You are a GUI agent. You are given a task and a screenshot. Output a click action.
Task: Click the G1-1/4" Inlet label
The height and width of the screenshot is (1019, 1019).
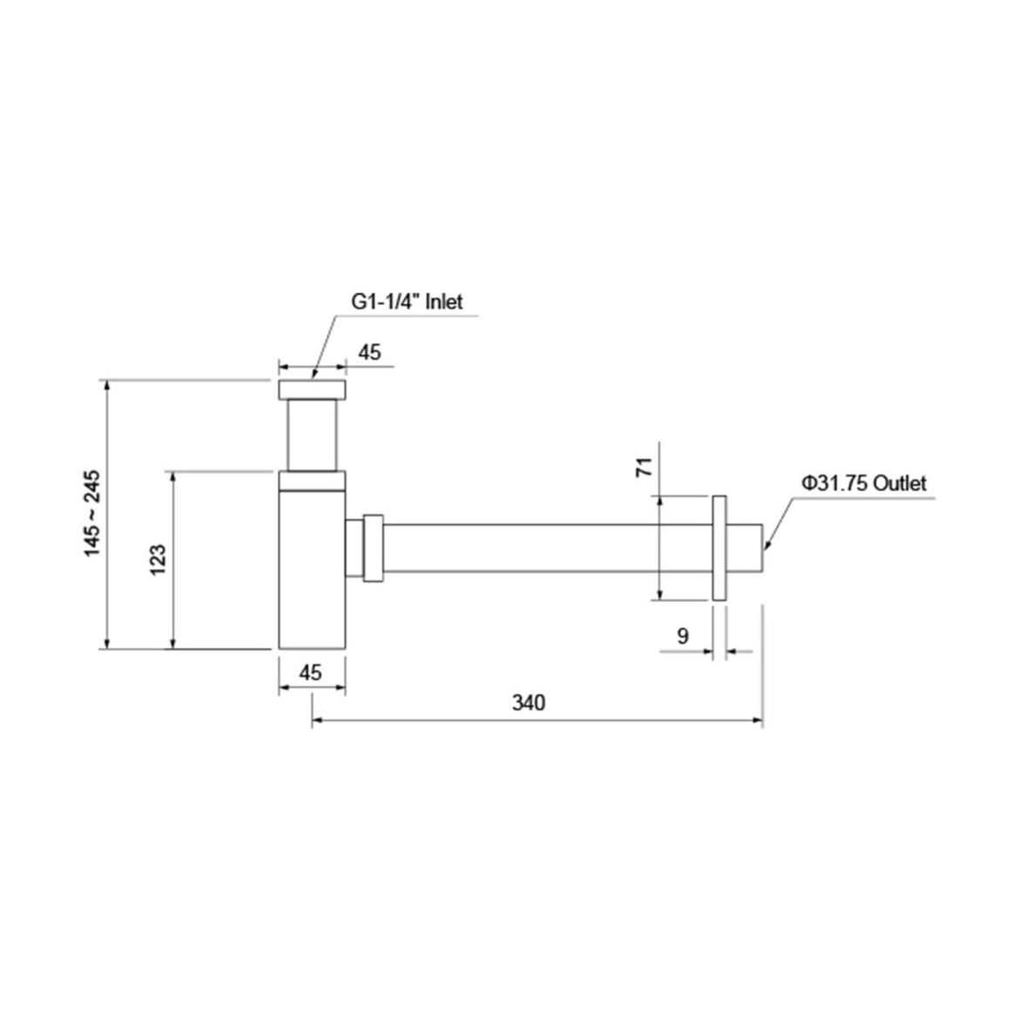407,301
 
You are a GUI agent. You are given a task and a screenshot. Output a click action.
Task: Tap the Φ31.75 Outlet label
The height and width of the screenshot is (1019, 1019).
864,483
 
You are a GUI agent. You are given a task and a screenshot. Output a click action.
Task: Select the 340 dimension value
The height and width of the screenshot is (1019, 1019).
529,703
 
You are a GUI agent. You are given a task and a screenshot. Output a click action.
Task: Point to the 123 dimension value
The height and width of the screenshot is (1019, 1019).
158,559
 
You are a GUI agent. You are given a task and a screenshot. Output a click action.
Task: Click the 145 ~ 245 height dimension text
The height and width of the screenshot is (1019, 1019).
92,513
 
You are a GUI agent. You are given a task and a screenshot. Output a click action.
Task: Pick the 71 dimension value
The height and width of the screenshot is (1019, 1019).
644,467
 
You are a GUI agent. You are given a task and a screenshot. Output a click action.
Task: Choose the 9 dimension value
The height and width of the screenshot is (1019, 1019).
682,636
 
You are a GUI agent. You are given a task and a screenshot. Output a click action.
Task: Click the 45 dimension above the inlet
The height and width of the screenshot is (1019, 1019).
369,353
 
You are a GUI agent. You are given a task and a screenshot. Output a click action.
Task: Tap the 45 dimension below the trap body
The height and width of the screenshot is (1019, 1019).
311,672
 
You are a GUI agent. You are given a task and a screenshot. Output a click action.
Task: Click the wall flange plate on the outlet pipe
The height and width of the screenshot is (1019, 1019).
719,548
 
